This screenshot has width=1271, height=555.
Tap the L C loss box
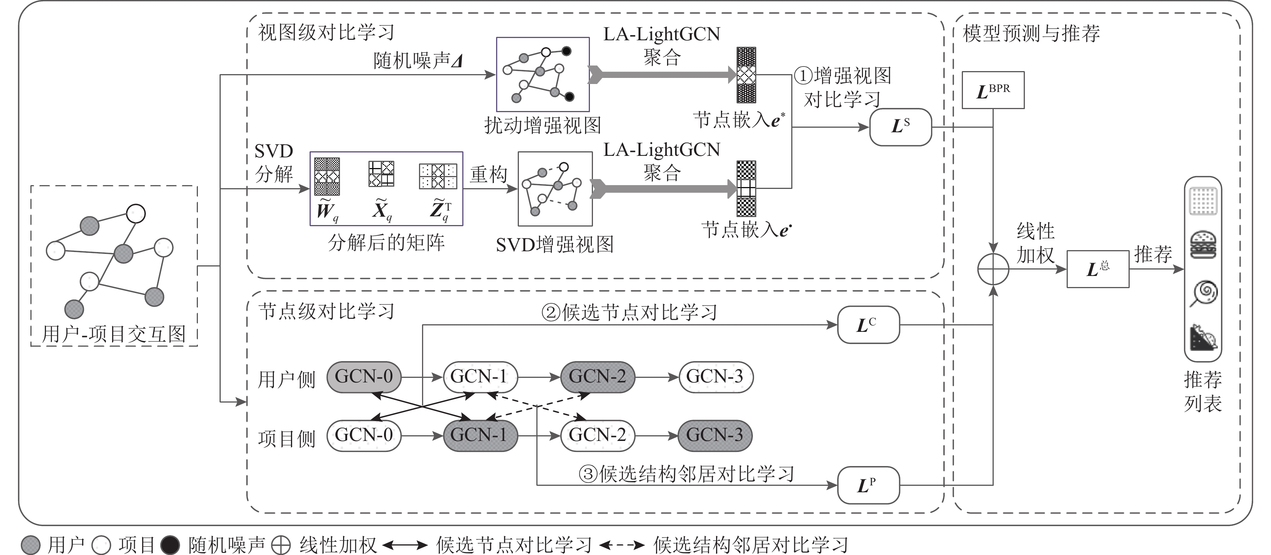[868, 325]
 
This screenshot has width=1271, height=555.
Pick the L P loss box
[868, 485]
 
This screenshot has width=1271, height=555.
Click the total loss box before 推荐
[1098, 269]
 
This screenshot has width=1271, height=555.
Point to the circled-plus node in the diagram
[993, 269]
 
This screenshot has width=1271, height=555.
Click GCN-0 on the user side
[364, 377]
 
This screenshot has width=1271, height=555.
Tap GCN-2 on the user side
[597, 377]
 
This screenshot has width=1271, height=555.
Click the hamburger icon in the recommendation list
[1203, 246]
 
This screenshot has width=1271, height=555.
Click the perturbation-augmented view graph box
[543, 74]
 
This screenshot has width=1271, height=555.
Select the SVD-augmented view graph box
[555, 189]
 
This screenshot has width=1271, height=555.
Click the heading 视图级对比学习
[326, 33]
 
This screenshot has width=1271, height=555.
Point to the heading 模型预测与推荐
[1031, 33]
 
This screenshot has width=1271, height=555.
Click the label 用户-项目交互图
[114, 334]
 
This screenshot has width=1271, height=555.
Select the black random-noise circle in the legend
[171, 545]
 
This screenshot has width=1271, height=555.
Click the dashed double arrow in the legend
[622, 545]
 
